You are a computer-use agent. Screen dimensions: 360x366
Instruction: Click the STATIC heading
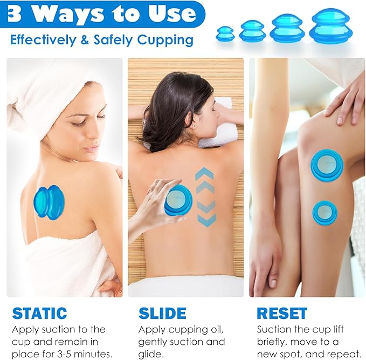tap(39, 313)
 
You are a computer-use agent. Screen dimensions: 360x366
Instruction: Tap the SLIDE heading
tap(162, 313)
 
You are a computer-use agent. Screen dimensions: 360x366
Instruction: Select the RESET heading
tap(282, 313)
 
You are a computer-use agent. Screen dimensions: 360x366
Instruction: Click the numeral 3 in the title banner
tap(15, 14)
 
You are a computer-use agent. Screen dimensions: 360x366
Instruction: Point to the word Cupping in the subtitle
tap(168, 39)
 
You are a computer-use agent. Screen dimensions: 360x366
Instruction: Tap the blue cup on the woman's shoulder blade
tap(49, 201)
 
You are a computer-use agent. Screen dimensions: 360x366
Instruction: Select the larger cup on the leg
tap(327, 165)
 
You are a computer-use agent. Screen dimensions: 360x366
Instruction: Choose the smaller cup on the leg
tap(324, 213)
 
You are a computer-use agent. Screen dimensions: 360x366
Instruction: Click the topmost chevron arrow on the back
tap(205, 174)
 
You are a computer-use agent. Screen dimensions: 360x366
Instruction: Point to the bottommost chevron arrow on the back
tap(206, 220)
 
